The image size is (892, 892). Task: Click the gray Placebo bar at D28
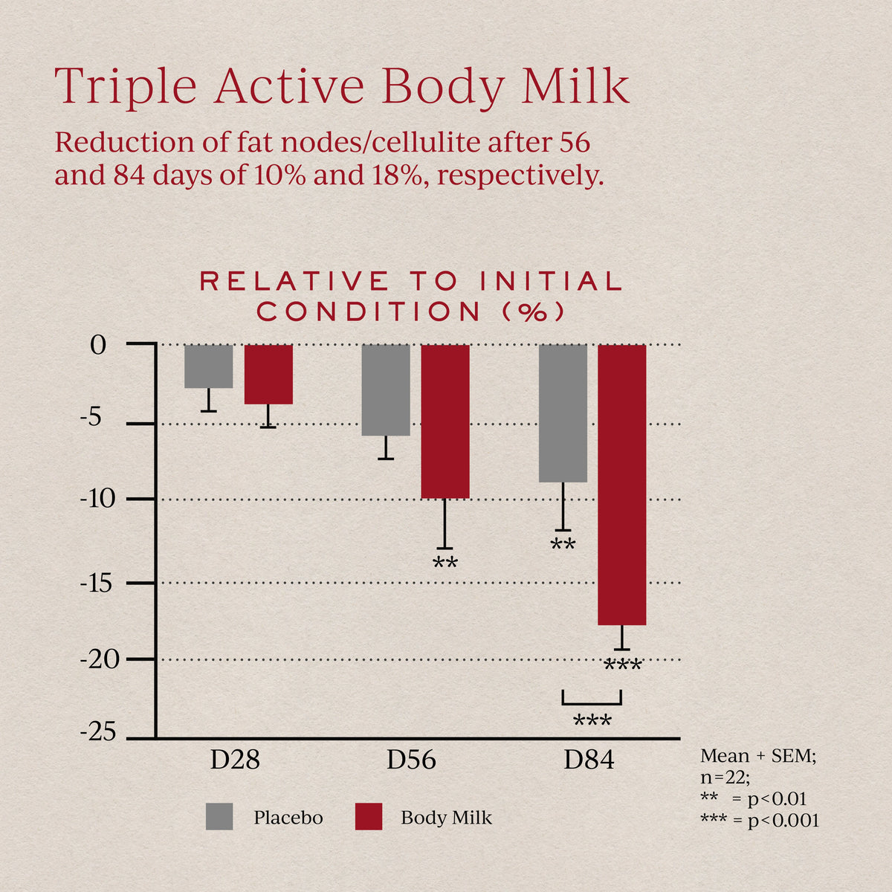[209, 366]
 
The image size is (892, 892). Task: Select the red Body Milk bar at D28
[268, 374]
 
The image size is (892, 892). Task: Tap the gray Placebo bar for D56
[386, 390]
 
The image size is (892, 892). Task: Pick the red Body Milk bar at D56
[445, 421]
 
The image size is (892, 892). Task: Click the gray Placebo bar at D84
[563, 413]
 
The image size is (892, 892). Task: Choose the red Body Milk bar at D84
[622, 484]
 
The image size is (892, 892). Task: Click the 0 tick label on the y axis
[99, 346]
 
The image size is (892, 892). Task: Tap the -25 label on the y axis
[97, 733]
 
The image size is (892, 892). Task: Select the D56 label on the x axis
[411, 760]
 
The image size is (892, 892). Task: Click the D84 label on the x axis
[589, 760]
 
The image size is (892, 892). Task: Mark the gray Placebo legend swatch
[219, 816]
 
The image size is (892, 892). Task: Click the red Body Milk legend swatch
[369, 816]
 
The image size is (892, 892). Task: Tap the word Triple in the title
[126, 87]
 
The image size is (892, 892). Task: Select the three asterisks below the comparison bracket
[592, 722]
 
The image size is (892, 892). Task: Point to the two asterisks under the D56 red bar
[445, 563]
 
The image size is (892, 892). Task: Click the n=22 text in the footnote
[725, 778]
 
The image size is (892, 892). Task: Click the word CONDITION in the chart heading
[369, 312]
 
